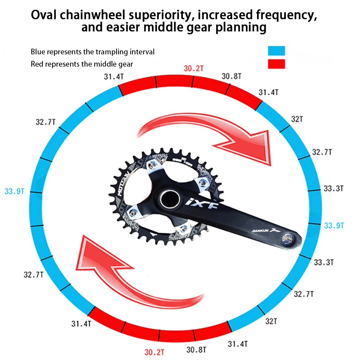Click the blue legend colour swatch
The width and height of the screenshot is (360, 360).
pyautogui.click(x=276, y=51)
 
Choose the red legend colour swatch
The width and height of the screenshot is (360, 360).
pyautogui.click(x=276, y=64)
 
